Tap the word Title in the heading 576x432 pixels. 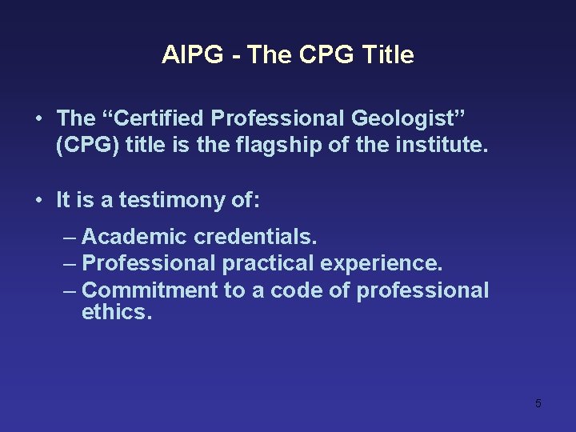388,55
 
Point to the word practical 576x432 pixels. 269,263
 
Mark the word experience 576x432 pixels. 382,263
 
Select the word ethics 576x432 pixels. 116,312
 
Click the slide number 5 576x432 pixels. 538,403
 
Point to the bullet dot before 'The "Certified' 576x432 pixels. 39,119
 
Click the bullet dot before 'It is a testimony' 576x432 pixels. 39,200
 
